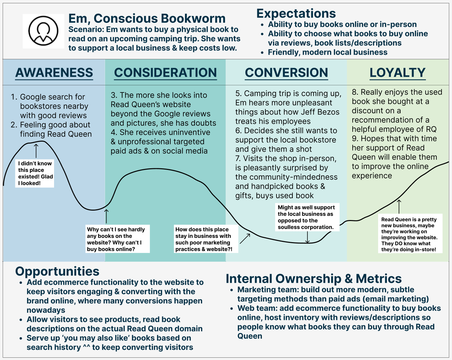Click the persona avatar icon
(43, 31)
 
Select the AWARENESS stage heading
(54, 73)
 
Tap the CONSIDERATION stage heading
(165, 73)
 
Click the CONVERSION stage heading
(287, 73)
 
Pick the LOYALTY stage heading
(398, 73)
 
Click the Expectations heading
(296, 13)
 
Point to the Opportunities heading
(57, 271)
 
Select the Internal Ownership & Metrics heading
(314, 279)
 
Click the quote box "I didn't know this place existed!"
(35, 173)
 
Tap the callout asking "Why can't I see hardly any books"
(117, 239)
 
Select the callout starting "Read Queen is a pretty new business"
(410, 234)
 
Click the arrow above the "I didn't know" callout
(36, 150)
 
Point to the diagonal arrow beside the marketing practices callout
(245, 239)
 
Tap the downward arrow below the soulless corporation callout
(307, 237)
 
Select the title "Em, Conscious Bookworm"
(147, 18)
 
